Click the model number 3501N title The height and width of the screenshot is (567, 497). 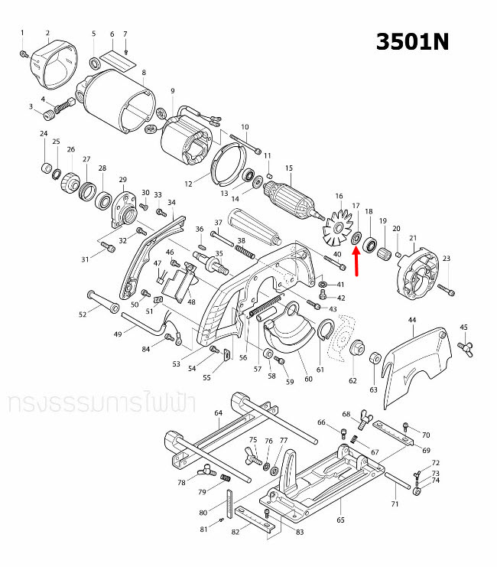point(412,41)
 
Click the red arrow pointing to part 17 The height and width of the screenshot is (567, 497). point(356,258)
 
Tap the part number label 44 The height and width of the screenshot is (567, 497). point(411,319)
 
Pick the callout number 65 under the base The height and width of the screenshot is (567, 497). point(340,520)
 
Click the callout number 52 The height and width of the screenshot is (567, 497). point(83,314)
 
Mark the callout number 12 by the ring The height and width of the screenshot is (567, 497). point(188,184)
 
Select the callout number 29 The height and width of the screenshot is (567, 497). point(122,180)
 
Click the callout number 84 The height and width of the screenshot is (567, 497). point(146,350)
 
